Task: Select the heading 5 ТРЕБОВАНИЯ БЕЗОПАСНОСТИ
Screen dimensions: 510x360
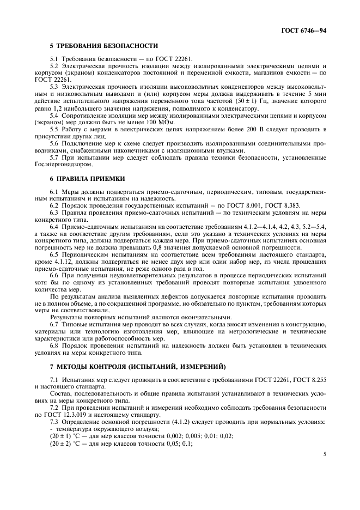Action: tap(104, 46)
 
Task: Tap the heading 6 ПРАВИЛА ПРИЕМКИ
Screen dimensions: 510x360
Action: tap(88, 178)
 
